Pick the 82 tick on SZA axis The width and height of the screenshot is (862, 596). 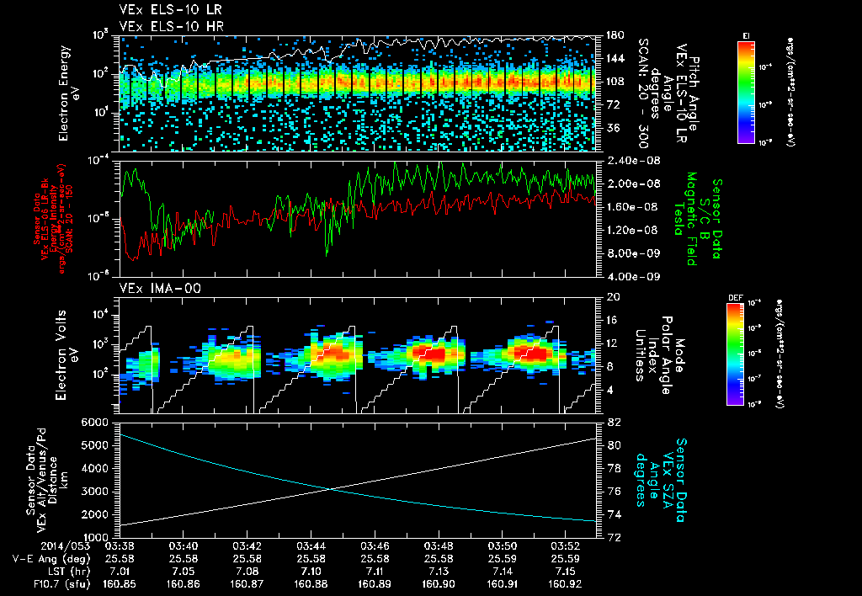(612, 422)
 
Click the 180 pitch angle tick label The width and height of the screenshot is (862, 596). (615, 35)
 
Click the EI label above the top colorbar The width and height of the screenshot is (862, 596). (747, 35)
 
